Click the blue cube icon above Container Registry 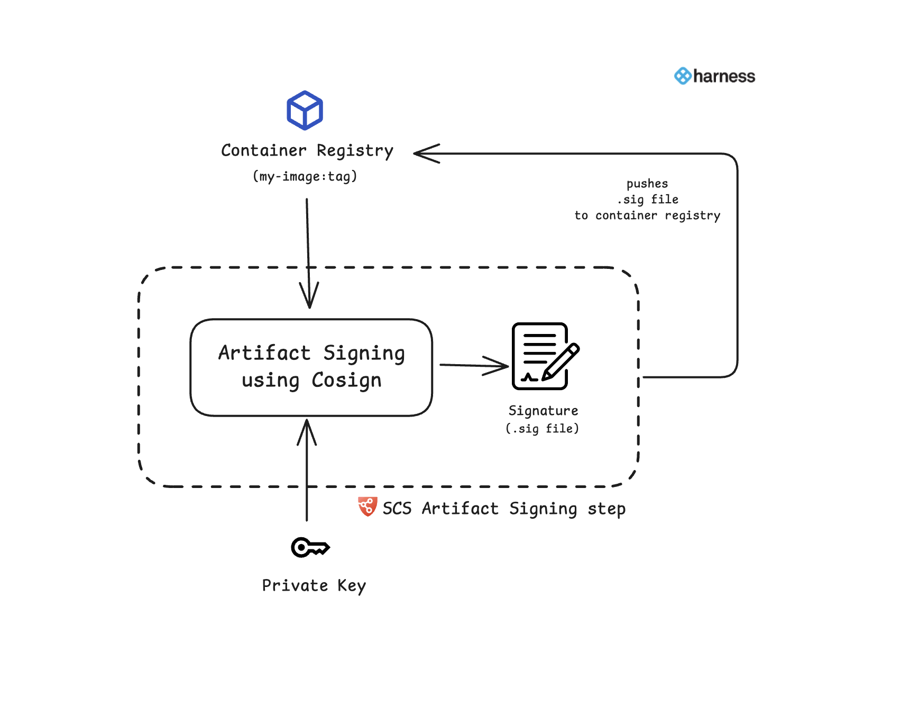[305, 111]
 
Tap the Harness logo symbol [682, 76]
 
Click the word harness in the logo [724, 77]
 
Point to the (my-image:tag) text [305, 176]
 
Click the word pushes [647, 184]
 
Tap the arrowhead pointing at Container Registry [425, 153]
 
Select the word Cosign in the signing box [346, 381]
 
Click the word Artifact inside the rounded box [264, 353]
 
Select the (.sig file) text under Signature [543, 429]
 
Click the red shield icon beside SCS [367, 507]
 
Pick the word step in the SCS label [606, 509]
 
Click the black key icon [310, 547]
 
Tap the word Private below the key [295, 585]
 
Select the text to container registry [647, 215]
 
